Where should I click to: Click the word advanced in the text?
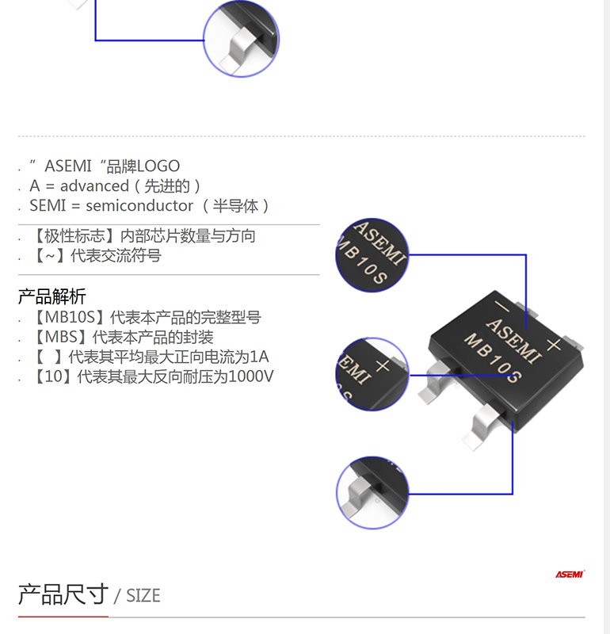pyautogui.click(x=94, y=186)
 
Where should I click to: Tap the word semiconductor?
pyautogui.click(x=139, y=206)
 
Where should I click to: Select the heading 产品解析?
pyautogui.click(x=52, y=297)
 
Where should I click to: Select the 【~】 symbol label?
pyautogui.click(x=48, y=256)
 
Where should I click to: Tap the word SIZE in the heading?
pyautogui.click(x=143, y=596)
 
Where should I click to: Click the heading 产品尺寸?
pyautogui.click(x=63, y=594)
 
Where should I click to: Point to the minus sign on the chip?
pyautogui.click(x=501, y=305)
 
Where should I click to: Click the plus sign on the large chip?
pyautogui.click(x=554, y=343)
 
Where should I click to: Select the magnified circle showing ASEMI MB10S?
pyautogui.click(x=372, y=256)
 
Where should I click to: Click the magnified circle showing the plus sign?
pyautogui.click(x=372, y=373)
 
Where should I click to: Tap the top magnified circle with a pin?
pyautogui.click(x=241, y=38)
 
